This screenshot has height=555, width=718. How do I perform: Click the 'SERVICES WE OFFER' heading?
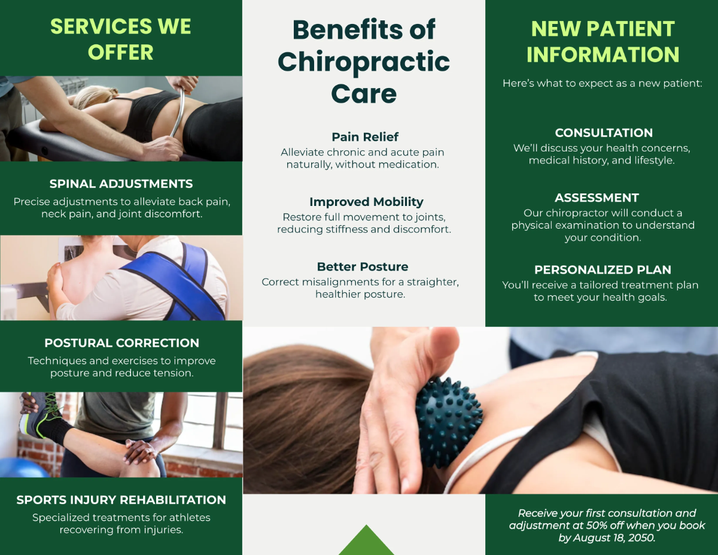click(x=121, y=40)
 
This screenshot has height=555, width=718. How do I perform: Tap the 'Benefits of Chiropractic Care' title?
click(x=364, y=62)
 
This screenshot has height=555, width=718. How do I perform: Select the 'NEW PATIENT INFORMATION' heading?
click(x=603, y=41)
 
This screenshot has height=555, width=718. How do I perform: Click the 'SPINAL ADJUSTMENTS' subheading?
click(x=121, y=184)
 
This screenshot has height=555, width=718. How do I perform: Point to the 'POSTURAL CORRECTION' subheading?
click(x=121, y=343)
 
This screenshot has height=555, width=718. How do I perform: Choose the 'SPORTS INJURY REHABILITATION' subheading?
click(x=121, y=500)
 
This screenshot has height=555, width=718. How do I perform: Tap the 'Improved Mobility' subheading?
click(x=366, y=202)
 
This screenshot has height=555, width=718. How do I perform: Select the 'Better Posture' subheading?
click(x=363, y=266)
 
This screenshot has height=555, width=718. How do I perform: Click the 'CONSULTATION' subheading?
click(x=604, y=133)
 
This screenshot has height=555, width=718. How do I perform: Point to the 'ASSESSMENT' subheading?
click(x=597, y=198)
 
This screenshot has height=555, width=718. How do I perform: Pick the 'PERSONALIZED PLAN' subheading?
click(x=603, y=269)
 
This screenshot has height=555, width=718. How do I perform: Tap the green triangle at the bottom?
click(x=366, y=541)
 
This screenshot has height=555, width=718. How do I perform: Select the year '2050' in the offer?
click(x=640, y=538)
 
